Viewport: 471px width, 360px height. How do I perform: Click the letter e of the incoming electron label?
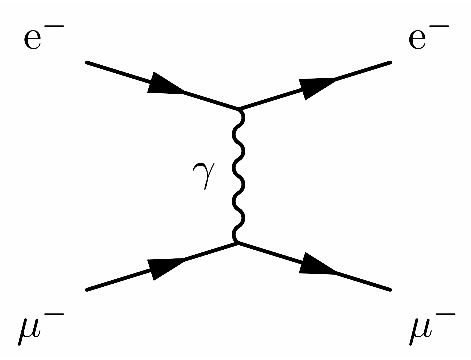33,39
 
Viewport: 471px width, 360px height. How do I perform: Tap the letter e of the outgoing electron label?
417,39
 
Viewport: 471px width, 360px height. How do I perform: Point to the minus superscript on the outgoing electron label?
440,27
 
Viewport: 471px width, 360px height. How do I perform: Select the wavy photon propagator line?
238,175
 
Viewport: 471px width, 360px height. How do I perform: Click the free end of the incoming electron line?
87,63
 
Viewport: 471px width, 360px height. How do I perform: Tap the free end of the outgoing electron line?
390,63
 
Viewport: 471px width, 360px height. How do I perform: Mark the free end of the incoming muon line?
87,290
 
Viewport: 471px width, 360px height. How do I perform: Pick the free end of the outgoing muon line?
390,290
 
